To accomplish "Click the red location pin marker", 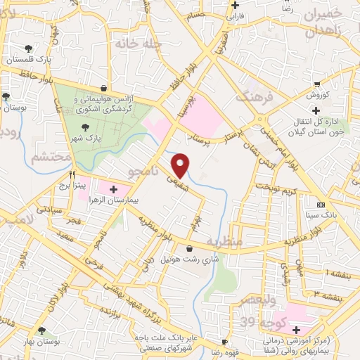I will [x=181, y=165].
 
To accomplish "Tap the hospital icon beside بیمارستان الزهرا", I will [x=114, y=188].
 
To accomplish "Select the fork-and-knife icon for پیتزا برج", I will [x=72, y=174].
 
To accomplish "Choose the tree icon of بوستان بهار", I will [x=41, y=330].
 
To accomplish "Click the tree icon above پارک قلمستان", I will [x=28, y=49].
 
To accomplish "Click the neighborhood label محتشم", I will [x=50, y=156].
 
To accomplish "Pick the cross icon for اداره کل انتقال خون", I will [x=316, y=110].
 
